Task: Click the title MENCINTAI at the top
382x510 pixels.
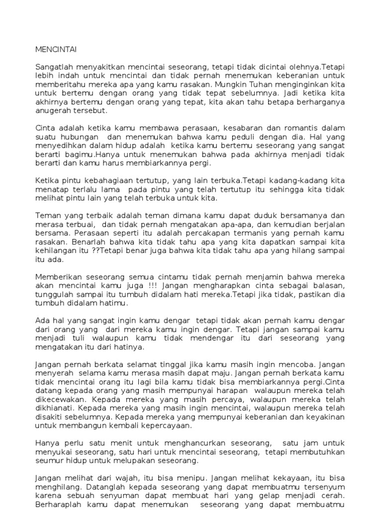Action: (56, 49)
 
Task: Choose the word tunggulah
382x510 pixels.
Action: (55, 294)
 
